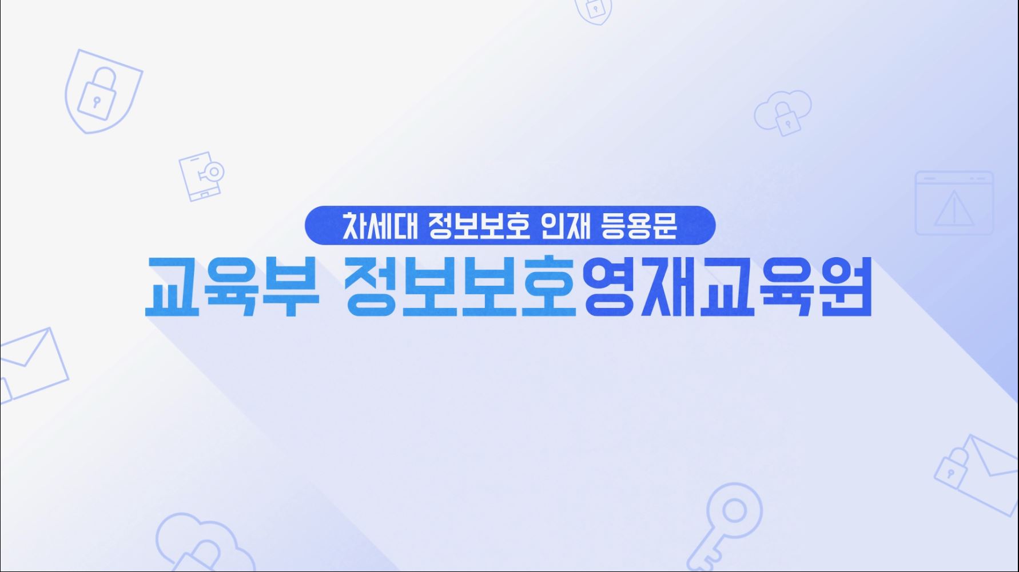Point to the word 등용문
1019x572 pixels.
pyautogui.click(x=639, y=226)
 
